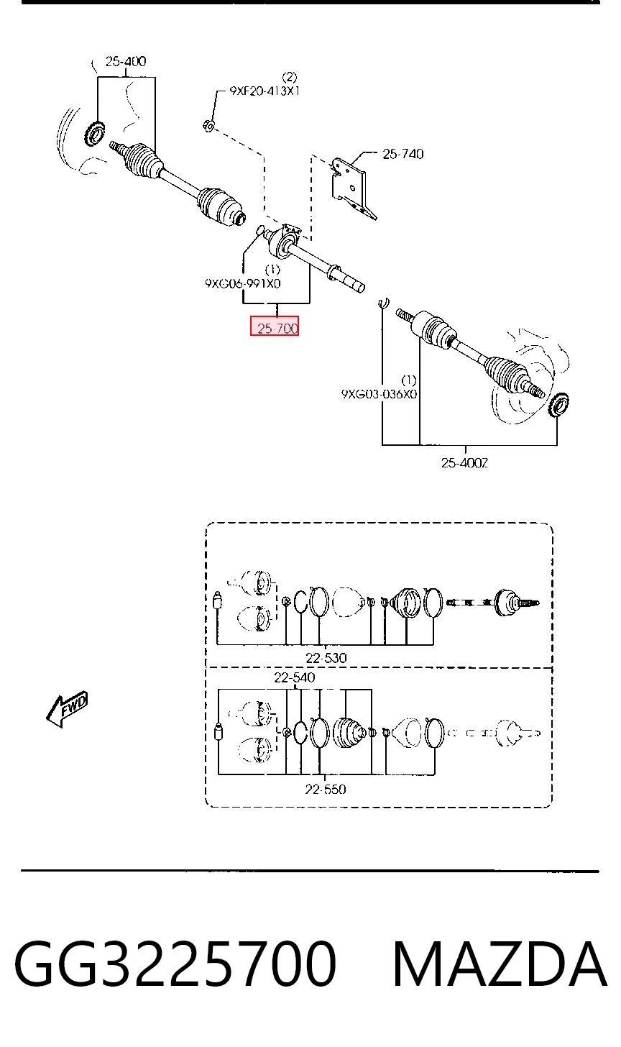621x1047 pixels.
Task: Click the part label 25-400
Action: (x=126, y=61)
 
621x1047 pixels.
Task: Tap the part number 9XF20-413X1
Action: (x=264, y=91)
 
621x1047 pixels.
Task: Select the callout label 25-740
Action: (x=402, y=154)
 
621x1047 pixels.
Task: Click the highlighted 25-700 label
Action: (x=275, y=326)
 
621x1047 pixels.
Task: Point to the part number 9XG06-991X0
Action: (x=243, y=284)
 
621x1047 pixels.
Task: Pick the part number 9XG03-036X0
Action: (x=379, y=394)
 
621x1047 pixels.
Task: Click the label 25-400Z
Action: (x=464, y=463)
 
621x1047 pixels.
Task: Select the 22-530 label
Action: (x=326, y=658)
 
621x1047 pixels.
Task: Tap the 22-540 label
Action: (x=295, y=677)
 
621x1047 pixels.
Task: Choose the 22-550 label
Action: (x=326, y=790)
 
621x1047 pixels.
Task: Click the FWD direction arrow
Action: (x=68, y=708)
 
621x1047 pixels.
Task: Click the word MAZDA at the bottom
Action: (x=500, y=964)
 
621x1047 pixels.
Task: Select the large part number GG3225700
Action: (x=175, y=964)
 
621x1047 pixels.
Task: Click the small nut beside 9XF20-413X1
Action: (x=208, y=125)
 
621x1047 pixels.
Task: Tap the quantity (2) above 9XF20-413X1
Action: (x=290, y=77)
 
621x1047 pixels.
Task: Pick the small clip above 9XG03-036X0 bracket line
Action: (x=384, y=303)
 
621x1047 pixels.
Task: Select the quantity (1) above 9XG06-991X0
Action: (x=272, y=270)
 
